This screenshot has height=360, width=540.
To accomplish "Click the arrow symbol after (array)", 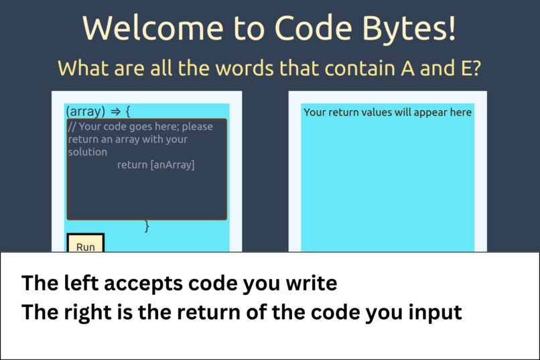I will pos(115,111).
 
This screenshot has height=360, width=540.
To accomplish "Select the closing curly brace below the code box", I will pos(147,227).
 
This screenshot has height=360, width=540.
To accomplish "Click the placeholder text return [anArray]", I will pos(155,165).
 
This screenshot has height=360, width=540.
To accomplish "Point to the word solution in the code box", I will pos(87,152).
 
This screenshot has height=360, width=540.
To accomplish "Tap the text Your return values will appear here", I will pos(387,112).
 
